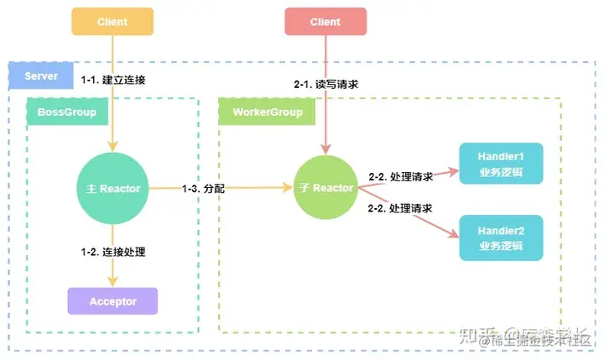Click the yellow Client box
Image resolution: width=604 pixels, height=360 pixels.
coord(113,21)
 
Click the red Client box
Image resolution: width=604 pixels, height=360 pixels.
coord(325,21)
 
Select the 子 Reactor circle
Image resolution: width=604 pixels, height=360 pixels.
coord(326,189)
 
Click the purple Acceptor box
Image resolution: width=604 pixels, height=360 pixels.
coord(113,300)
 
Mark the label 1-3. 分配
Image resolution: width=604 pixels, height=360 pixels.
coord(204,189)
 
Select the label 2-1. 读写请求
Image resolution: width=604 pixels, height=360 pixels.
coord(325,85)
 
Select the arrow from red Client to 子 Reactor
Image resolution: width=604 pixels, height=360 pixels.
coord(325,126)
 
